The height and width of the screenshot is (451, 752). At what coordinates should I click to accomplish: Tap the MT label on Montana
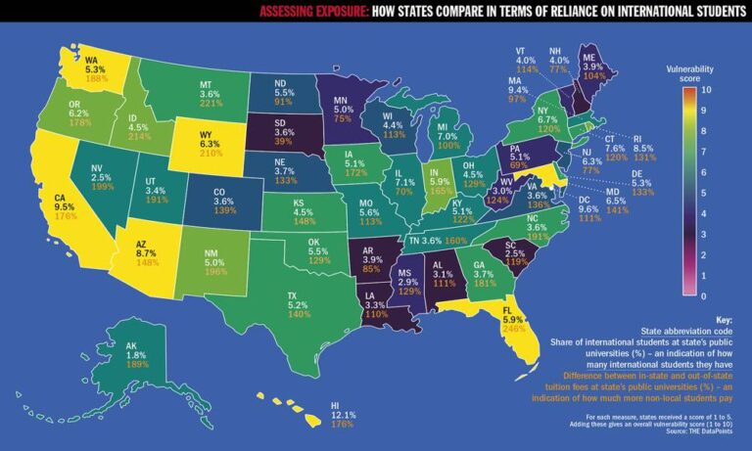tap(207, 85)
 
